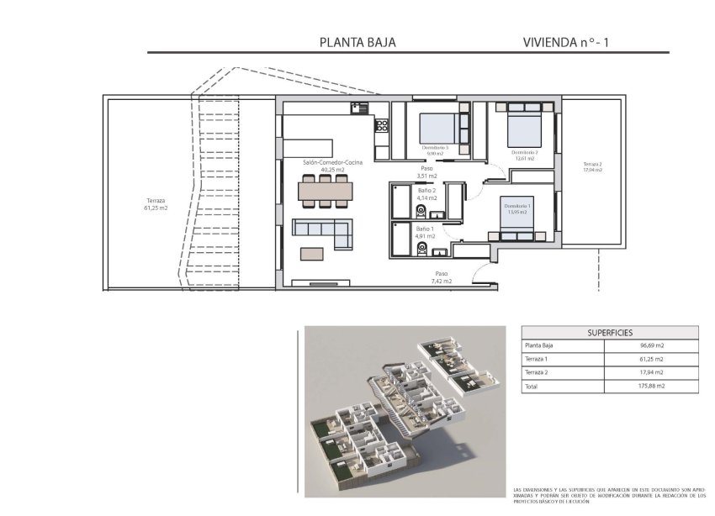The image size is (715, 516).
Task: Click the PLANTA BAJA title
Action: (x=357, y=41)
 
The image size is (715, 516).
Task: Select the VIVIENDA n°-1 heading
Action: (x=564, y=41)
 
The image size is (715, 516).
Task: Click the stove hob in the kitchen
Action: (x=381, y=126)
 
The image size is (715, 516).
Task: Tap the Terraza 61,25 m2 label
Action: (x=156, y=204)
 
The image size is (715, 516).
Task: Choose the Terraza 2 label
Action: (x=594, y=166)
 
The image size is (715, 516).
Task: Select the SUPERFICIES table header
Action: (x=609, y=333)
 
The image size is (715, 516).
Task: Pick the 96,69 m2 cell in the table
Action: (x=652, y=345)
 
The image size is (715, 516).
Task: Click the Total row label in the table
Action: (x=532, y=386)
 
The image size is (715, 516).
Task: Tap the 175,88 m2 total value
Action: (x=652, y=386)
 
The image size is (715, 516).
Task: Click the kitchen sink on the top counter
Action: (x=360, y=108)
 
